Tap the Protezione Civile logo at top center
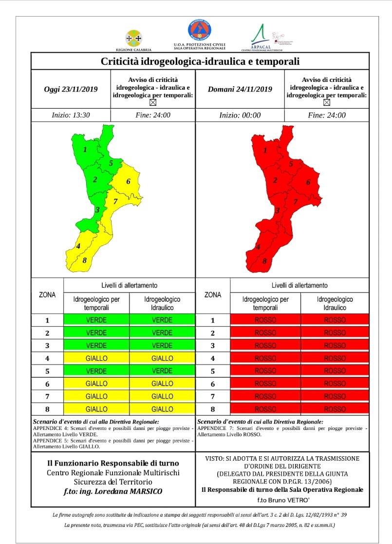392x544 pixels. [199, 30]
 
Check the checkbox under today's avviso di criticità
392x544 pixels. [153, 103]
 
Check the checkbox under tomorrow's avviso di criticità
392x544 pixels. [327, 103]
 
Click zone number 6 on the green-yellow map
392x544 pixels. [128, 182]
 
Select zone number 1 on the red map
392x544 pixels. [265, 150]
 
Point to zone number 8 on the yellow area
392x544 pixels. [84, 260]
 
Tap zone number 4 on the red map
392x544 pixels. [258, 247]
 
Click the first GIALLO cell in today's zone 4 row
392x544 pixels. [96, 358]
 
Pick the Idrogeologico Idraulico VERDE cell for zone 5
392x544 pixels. [162, 371]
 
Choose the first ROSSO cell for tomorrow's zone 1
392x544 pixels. [265, 320]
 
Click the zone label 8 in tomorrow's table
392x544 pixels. [212, 409]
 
